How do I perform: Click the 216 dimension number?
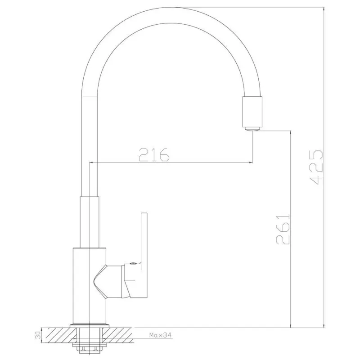click(154, 154)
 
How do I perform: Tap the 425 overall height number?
click(316, 167)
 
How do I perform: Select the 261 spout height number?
click(283, 229)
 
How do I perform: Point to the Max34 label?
click(161, 335)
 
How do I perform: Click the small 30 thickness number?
click(38, 335)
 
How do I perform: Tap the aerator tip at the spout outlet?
click(252, 129)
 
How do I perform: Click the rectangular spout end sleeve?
click(252, 112)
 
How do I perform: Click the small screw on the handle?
click(132, 264)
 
